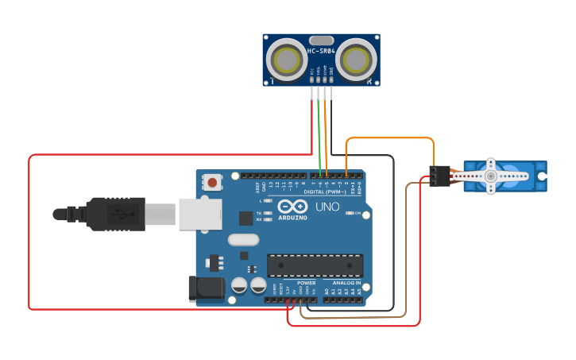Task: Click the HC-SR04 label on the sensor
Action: [x=321, y=51]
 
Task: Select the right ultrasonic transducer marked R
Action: [x=358, y=59]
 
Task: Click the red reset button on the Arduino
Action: [x=212, y=182]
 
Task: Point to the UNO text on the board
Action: [x=327, y=207]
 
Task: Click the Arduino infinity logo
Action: [x=292, y=206]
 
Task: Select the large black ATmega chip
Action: [x=315, y=265]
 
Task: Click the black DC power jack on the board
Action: [x=205, y=288]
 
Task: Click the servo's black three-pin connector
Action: [x=439, y=176]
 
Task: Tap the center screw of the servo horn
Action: [x=491, y=176]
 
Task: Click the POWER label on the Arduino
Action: [x=306, y=283]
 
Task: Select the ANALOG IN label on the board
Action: [x=346, y=283]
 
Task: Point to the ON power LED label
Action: [x=358, y=214]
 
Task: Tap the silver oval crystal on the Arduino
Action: [x=243, y=239]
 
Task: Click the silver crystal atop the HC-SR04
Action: [x=321, y=40]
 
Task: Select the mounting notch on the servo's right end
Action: [x=543, y=175]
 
